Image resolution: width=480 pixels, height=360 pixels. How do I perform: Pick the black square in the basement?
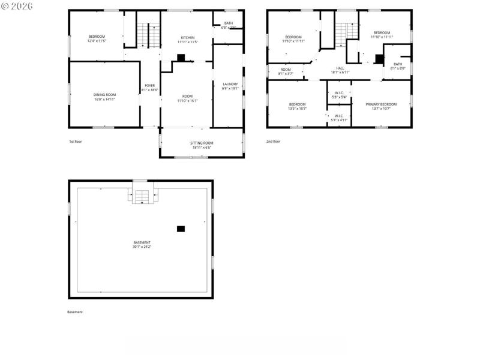(x=181, y=229)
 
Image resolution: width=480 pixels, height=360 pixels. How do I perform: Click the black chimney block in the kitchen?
(x=180, y=58)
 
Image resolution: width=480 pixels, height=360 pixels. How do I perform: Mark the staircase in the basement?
(x=142, y=197)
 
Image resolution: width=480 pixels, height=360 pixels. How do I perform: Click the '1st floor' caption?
(x=76, y=142)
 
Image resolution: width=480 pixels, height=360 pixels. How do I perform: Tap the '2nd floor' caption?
(x=273, y=142)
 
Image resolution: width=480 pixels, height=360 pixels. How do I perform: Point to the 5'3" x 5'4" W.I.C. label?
(x=339, y=95)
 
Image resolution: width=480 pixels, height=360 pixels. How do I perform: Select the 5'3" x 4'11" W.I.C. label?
(x=339, y=118)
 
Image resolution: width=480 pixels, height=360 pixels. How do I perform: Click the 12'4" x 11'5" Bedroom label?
(x=97, y=39)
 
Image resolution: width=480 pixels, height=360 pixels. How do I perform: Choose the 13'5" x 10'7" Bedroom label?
(x=297, y=106)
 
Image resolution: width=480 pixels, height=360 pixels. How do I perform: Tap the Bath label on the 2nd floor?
(x=398, y=66)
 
